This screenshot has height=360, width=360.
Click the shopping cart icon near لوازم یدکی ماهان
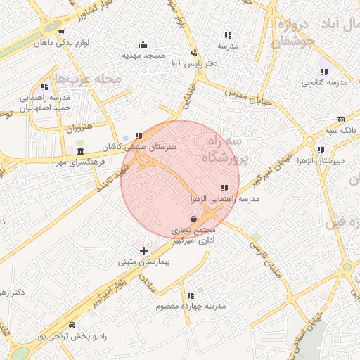point(62,32)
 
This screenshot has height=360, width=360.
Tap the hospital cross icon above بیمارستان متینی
point(144,250)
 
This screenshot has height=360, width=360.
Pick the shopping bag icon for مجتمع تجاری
point(193,219)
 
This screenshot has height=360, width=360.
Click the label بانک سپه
point(340,131)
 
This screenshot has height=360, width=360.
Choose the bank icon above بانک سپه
point(341,120)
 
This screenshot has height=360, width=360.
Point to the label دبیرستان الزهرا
point(321,161)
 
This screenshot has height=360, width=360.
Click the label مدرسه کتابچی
point(325,82)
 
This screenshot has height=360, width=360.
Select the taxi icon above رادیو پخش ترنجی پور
point(72,326)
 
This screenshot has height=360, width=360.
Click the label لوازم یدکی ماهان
point(62,44)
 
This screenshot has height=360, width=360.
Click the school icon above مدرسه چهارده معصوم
point(190,296)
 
